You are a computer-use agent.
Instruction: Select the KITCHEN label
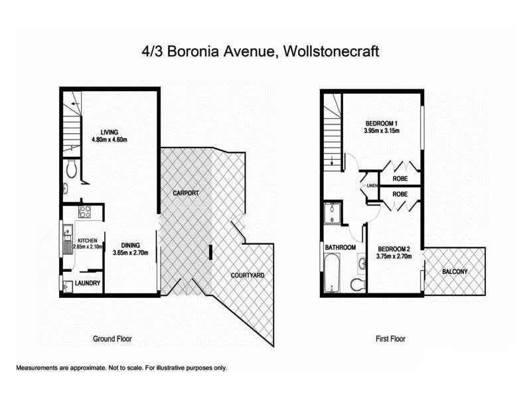point(88,240)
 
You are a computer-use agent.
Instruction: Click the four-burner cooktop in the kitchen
point(86,213)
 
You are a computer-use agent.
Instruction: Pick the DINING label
point(130,245)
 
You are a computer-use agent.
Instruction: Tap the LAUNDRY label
point(88,283)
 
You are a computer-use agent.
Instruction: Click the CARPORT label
point(187,193)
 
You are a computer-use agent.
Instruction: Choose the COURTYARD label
point(248,275)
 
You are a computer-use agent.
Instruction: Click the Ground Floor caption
point(112,338)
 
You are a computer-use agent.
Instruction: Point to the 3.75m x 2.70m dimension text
point(394,256)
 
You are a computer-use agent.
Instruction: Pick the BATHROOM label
point(340,247)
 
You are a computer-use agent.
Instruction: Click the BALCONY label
point(455,271)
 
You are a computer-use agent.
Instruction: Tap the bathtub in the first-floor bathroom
point(332,273)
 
